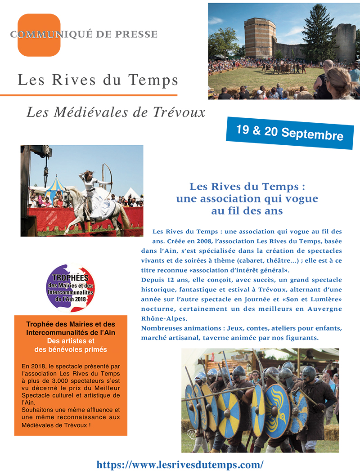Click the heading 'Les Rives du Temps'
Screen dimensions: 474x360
coord(98,80)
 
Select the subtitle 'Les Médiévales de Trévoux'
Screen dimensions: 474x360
coord(116,112)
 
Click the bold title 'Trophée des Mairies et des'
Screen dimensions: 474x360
coord(71,324)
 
